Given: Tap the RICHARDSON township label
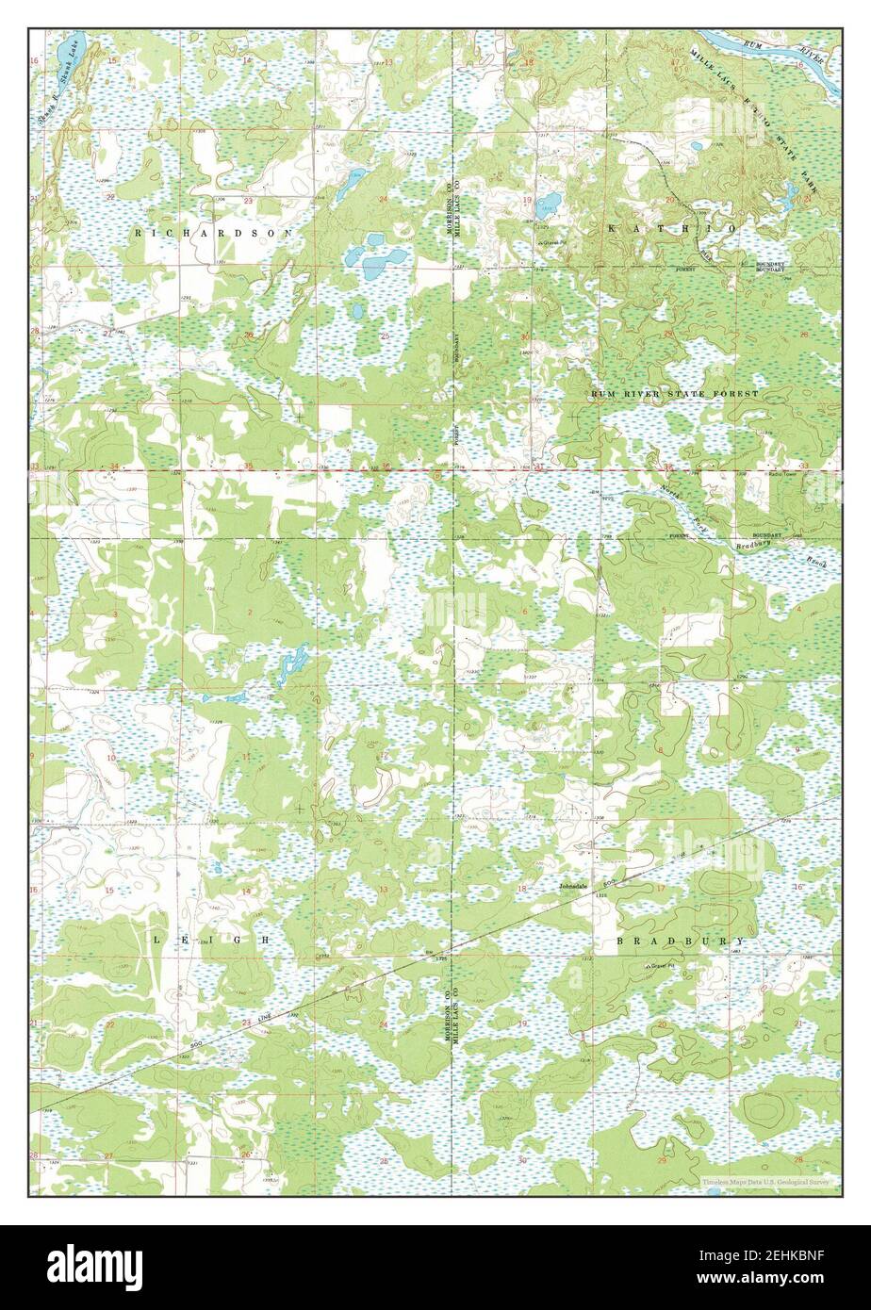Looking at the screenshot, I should tap(214, 231).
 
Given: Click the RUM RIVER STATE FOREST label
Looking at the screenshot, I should tap(674, 392).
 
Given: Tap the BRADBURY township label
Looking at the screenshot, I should tap(680, 941).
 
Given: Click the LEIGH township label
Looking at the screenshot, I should tap(211, 941).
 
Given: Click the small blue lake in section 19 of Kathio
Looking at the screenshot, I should tap(550, 201).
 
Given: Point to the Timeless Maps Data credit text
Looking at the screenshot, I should tap(765, 1182).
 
